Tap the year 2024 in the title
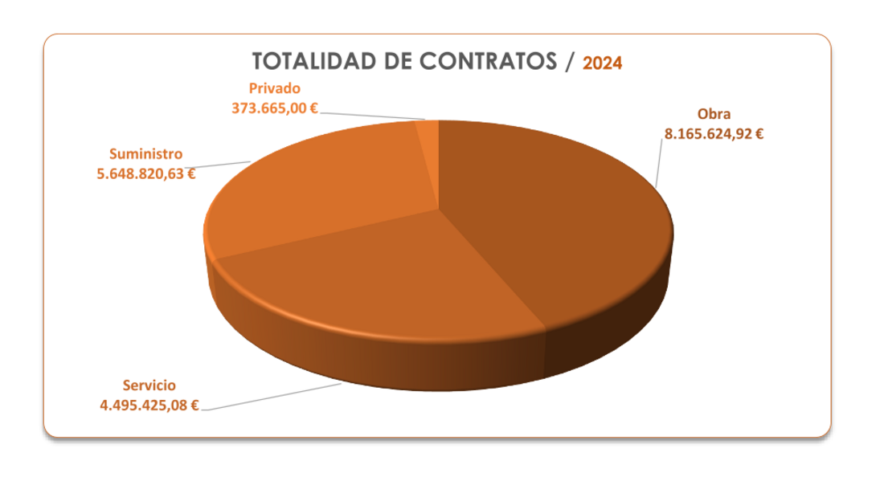coord(602,63)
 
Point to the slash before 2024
coord(570,63)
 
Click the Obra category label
coord(714,113)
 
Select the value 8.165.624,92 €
coord(714,134)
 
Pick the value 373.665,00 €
coord(275,108)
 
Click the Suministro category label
coord(146,153)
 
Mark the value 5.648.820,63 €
coord(146,172)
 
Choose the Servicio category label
coord(149,384)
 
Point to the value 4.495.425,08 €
coord(149,405)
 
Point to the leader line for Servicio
coord(273,397)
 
